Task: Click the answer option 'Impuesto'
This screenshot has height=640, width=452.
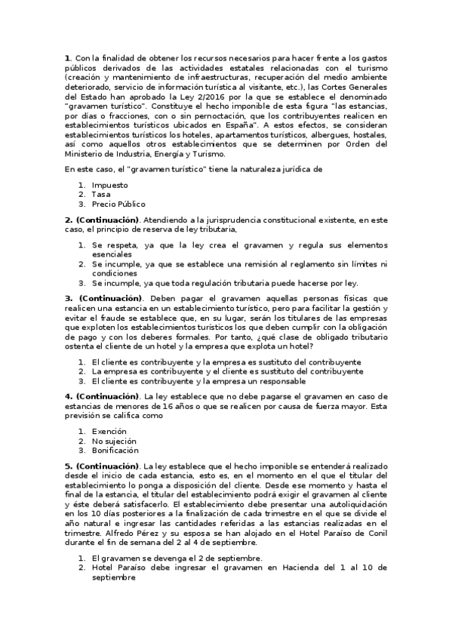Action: coord(109,184)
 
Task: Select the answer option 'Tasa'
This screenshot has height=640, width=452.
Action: coord(101,194)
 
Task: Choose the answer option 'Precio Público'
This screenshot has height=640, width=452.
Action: coord(118,204)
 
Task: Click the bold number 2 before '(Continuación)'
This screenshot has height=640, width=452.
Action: coord(67,220)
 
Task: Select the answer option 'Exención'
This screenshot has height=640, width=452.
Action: coord(109,430)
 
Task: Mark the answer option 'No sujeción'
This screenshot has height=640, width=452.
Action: coord(115,440)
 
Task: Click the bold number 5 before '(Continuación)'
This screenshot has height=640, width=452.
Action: coord(67,466)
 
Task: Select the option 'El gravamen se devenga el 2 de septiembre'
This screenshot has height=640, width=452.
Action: coord(177,558)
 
